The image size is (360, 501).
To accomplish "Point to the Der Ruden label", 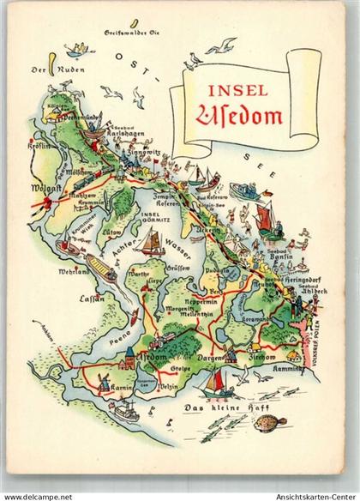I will (x=43, y=71).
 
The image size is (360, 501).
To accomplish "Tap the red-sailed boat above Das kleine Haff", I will (x=219, y=377).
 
